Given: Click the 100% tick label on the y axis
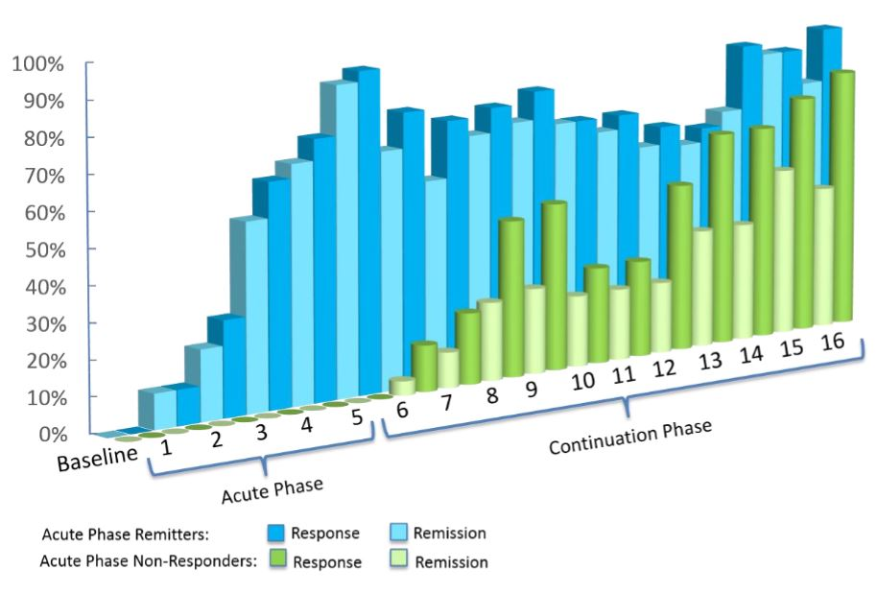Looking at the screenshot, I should pyautogui.click(x=37, y=64).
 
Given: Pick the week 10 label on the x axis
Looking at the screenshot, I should pyautogui.click(x=581, y=382).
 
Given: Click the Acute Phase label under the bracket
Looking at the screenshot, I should pyautogui.click(x=272, y=490).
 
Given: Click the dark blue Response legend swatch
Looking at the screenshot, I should pyautogui.click(x=275, y=533).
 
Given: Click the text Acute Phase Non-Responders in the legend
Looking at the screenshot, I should pyautogui.click(x=149, y=561).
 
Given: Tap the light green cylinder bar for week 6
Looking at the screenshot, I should pyautogui.click(x=402, y=386).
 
